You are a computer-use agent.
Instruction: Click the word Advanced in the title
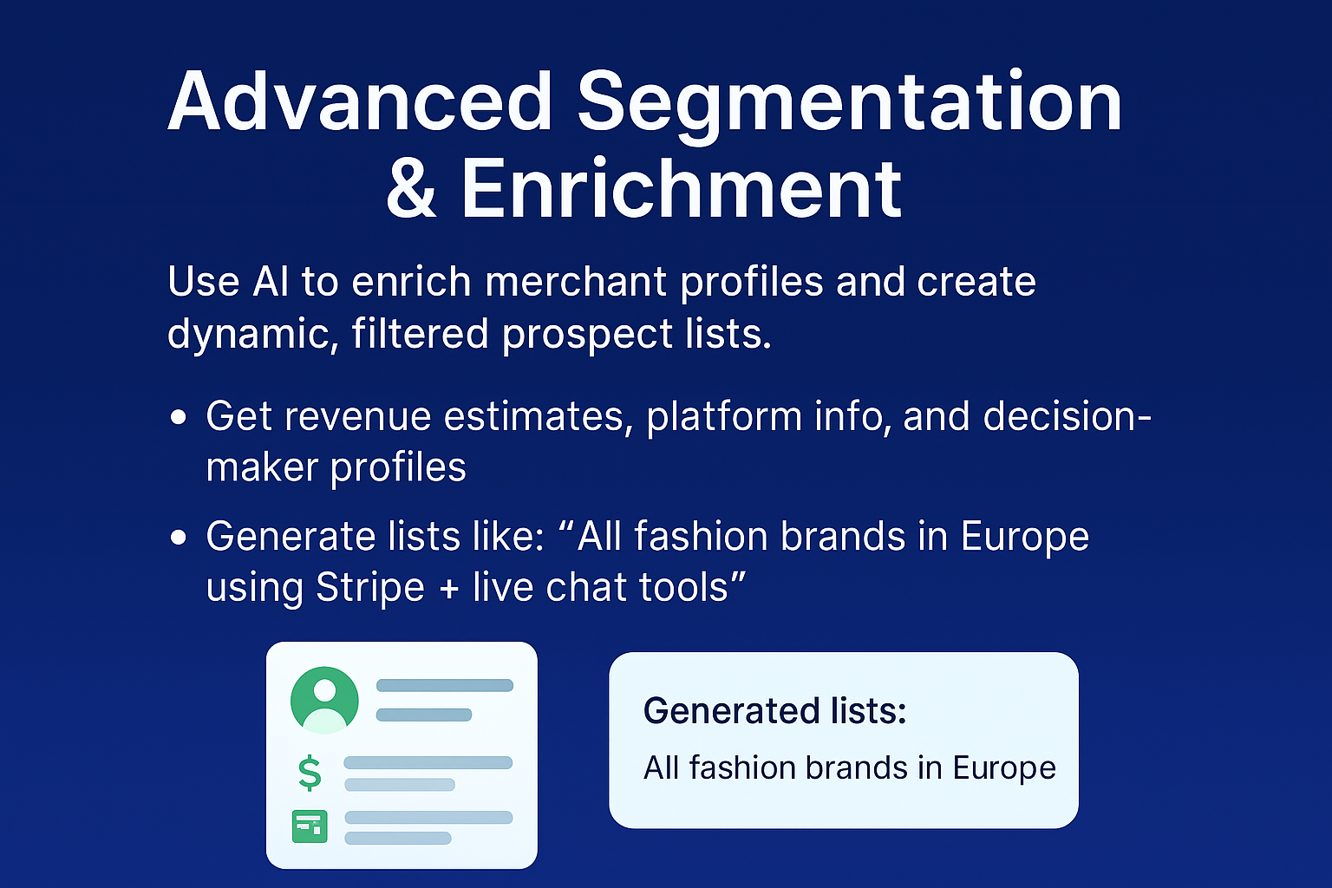coord(361,101)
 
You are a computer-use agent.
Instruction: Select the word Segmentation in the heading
coord(850,101)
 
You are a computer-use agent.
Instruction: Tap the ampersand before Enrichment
coord(411,188)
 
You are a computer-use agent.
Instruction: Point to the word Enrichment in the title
coord(682,188)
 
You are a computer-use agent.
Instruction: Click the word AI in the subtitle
coord(271,282)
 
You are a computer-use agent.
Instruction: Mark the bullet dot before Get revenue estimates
coord(179,417)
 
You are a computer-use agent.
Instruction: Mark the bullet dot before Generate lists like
coord(179,538)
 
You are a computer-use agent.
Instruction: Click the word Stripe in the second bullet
coord(370,588)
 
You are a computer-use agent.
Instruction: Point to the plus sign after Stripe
coord(448,589)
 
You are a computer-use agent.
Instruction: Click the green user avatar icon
coord(324,699)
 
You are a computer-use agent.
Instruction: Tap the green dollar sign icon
coord(310,773)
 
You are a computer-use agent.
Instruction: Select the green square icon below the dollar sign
coord(310,826)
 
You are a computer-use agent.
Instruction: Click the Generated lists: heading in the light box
coord(774,711)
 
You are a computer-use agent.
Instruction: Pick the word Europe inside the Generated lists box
coord(1004,767)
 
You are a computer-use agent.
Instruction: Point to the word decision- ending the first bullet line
coord(1067,416)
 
